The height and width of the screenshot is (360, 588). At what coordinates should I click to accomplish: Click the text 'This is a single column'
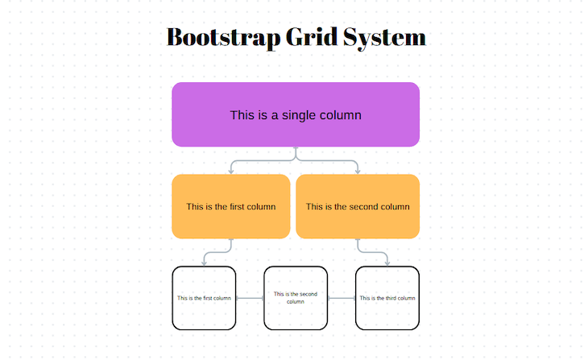[x=296, y=115]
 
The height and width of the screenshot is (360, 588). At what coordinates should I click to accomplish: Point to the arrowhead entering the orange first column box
[x=232, y=171]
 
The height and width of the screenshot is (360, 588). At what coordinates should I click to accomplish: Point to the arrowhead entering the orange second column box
[x=358, y=171]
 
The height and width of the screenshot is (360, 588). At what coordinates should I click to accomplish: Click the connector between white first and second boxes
[x=250, y=298]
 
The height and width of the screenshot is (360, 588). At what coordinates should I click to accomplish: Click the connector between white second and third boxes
[x=342, y=298]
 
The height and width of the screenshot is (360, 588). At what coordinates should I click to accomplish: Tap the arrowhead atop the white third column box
[x=387, y=263]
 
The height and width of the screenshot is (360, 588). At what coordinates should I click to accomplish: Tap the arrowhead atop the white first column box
[x=205, y=263]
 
